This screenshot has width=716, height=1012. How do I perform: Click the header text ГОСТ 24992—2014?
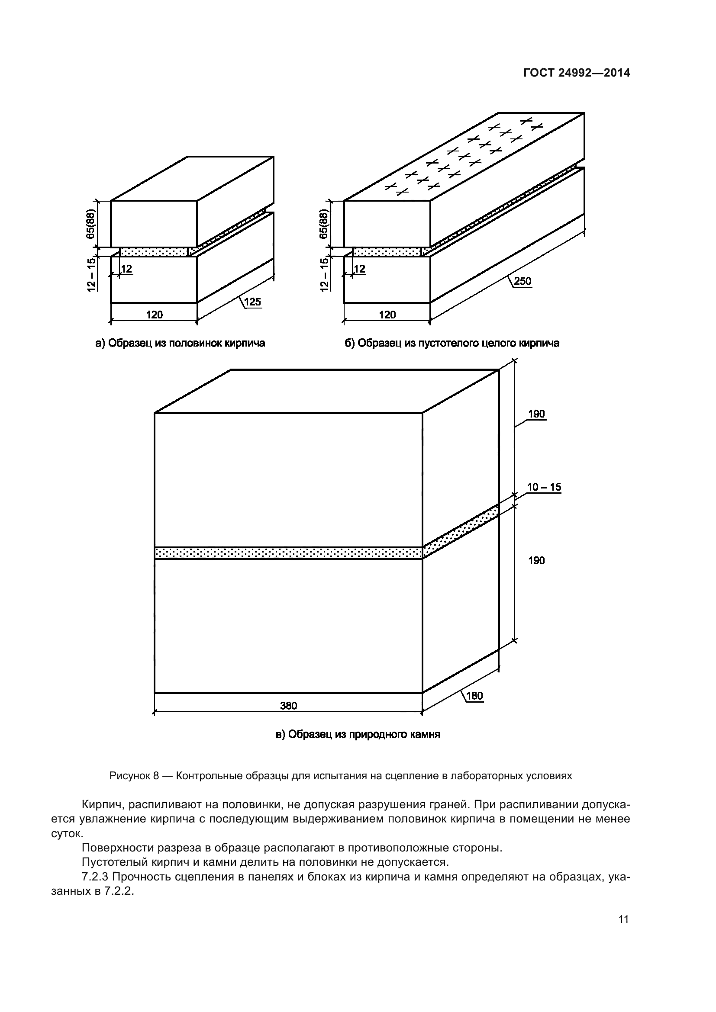(x=577, y=73)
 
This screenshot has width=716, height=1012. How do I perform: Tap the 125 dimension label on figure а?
(x=252, y=302)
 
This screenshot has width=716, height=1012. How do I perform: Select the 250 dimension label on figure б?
(x=522, y=281)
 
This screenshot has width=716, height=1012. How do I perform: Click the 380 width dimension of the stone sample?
(x=288, y=706)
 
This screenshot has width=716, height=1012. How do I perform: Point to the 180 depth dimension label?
(x=474, y=696)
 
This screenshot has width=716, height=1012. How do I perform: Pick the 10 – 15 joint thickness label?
(x=544, y=487)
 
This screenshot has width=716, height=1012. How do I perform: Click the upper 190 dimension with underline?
(x=536, y=414)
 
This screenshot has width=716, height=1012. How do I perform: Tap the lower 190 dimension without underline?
(x=536, y=560)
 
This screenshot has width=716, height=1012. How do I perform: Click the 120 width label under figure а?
(x=154, y=315)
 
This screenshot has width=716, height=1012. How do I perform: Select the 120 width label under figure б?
(x=387, y=315)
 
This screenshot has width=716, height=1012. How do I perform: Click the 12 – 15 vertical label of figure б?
(x=324, y=274)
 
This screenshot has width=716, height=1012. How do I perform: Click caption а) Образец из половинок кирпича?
(x=181, y=343)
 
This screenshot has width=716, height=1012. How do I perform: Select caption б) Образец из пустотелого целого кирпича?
(x=452, y=343)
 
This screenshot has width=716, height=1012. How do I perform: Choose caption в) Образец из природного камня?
(x=358, y=734)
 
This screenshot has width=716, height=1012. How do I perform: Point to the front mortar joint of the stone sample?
(x=288, y=553)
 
